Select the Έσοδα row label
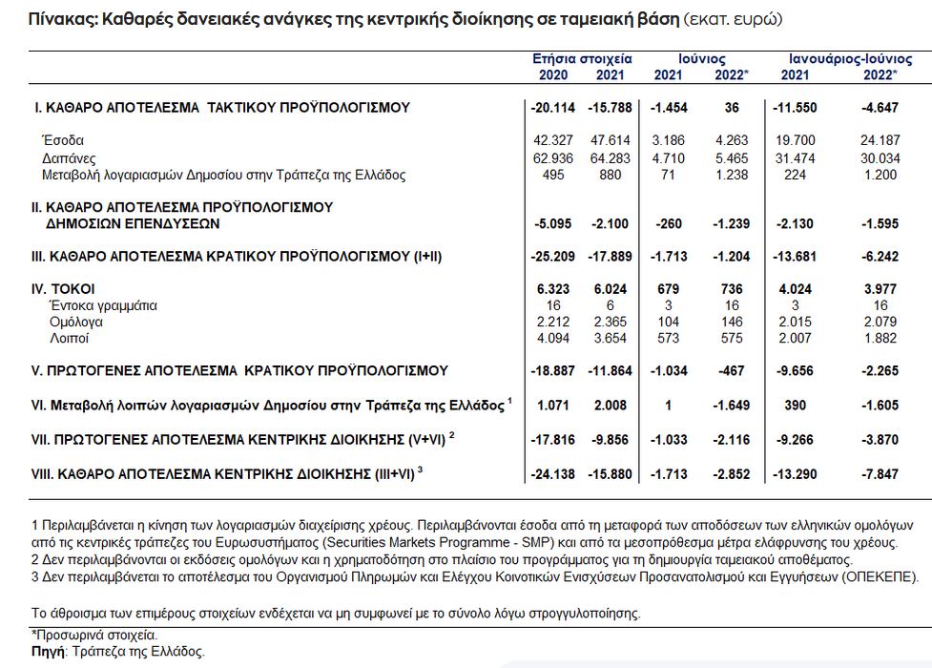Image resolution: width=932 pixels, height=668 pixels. click(x=63, y=141)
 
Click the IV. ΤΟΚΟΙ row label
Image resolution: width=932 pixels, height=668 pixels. click(x=63, y=289)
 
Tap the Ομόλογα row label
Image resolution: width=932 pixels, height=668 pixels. click(x=72, y=323)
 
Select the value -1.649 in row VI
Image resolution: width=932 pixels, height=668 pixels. click(x=731, y=406)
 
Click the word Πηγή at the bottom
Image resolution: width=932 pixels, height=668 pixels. click(x=48, y=651)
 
